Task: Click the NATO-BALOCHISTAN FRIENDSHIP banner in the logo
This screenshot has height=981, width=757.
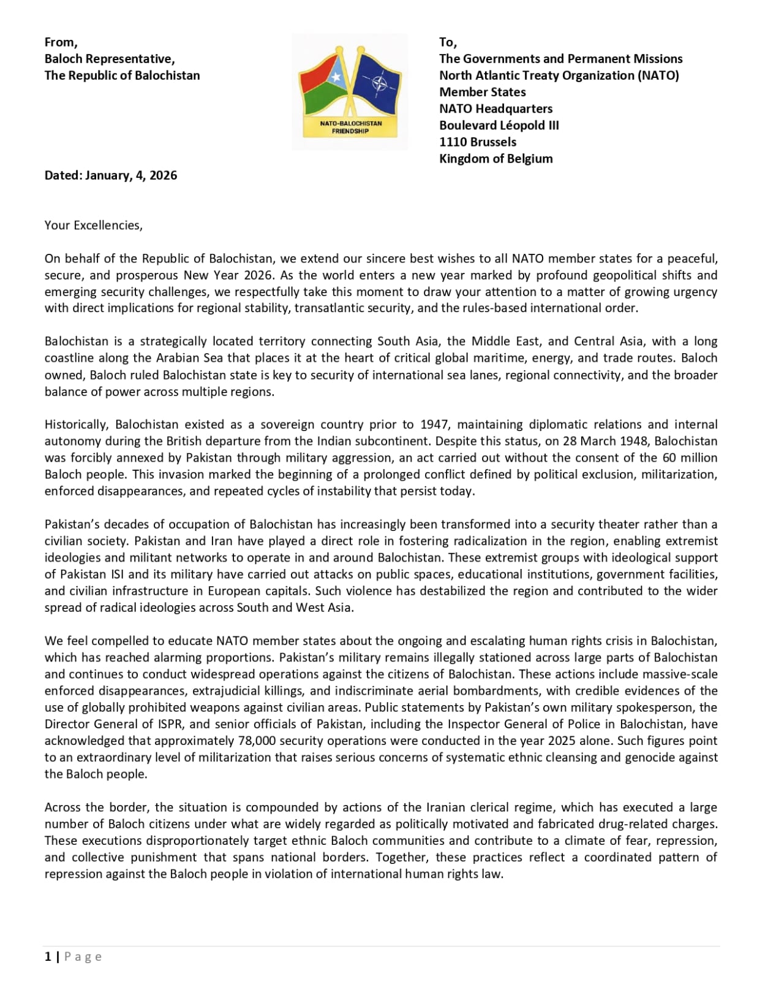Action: point(350,127)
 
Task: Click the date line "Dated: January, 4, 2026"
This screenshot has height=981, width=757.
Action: point(111,175)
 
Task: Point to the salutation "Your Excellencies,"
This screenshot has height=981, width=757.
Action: point(93,225)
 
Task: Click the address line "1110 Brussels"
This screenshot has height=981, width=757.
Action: point(478,142)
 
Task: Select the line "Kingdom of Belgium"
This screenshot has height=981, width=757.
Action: point(496,158)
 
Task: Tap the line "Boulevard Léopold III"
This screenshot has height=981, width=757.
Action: point(499,125)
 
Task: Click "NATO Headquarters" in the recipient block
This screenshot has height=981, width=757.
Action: point(496,109)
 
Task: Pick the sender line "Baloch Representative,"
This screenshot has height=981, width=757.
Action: point(110,59)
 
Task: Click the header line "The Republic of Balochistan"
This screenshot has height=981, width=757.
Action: point(122,75)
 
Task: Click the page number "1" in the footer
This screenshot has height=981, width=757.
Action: point(48,956)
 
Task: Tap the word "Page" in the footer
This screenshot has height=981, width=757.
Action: point(83,956)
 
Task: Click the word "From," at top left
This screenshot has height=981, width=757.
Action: point(61,42)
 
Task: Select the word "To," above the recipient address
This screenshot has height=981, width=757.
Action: point(448,42)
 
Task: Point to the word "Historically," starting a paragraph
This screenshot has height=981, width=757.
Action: point(77,424)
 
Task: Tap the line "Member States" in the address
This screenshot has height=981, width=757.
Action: point(483,92)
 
